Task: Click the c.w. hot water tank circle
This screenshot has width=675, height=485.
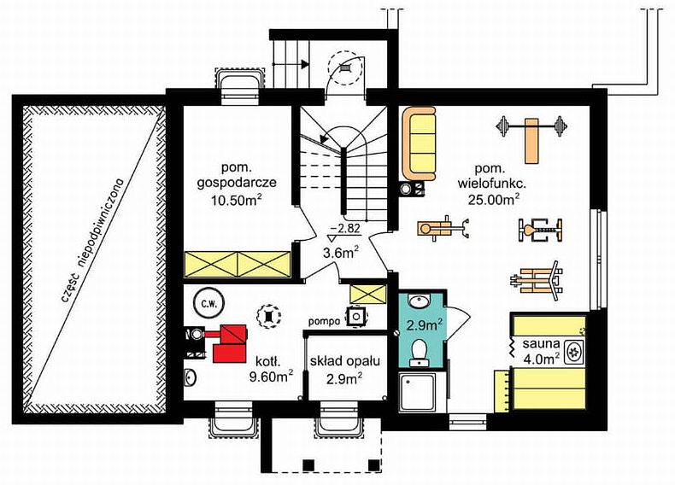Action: tap(207, 303)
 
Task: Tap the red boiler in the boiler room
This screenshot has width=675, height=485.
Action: tap(231, 343)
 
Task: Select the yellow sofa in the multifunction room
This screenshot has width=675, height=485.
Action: tap(419, 143)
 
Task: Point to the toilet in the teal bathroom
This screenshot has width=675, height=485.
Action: tap(419, 352)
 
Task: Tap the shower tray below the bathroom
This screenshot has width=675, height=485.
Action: tap(417, 392)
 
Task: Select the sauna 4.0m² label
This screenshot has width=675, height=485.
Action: tap(542, 351)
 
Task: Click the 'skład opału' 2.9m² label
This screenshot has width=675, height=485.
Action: tap(345, 369)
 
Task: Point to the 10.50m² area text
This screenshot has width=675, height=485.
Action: tap(237, 199)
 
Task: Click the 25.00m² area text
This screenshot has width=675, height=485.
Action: tap(493, 199)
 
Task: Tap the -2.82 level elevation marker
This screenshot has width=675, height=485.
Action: tap(344, 232)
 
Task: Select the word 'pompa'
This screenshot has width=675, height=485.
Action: tap(325, 320)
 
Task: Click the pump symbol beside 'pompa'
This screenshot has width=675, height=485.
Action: tap(356, 317)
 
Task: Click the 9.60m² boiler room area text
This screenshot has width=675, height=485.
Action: tap(271, 376)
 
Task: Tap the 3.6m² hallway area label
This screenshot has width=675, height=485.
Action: tap(341, 252)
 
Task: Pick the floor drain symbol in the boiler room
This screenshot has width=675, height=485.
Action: tap(268, 316)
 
